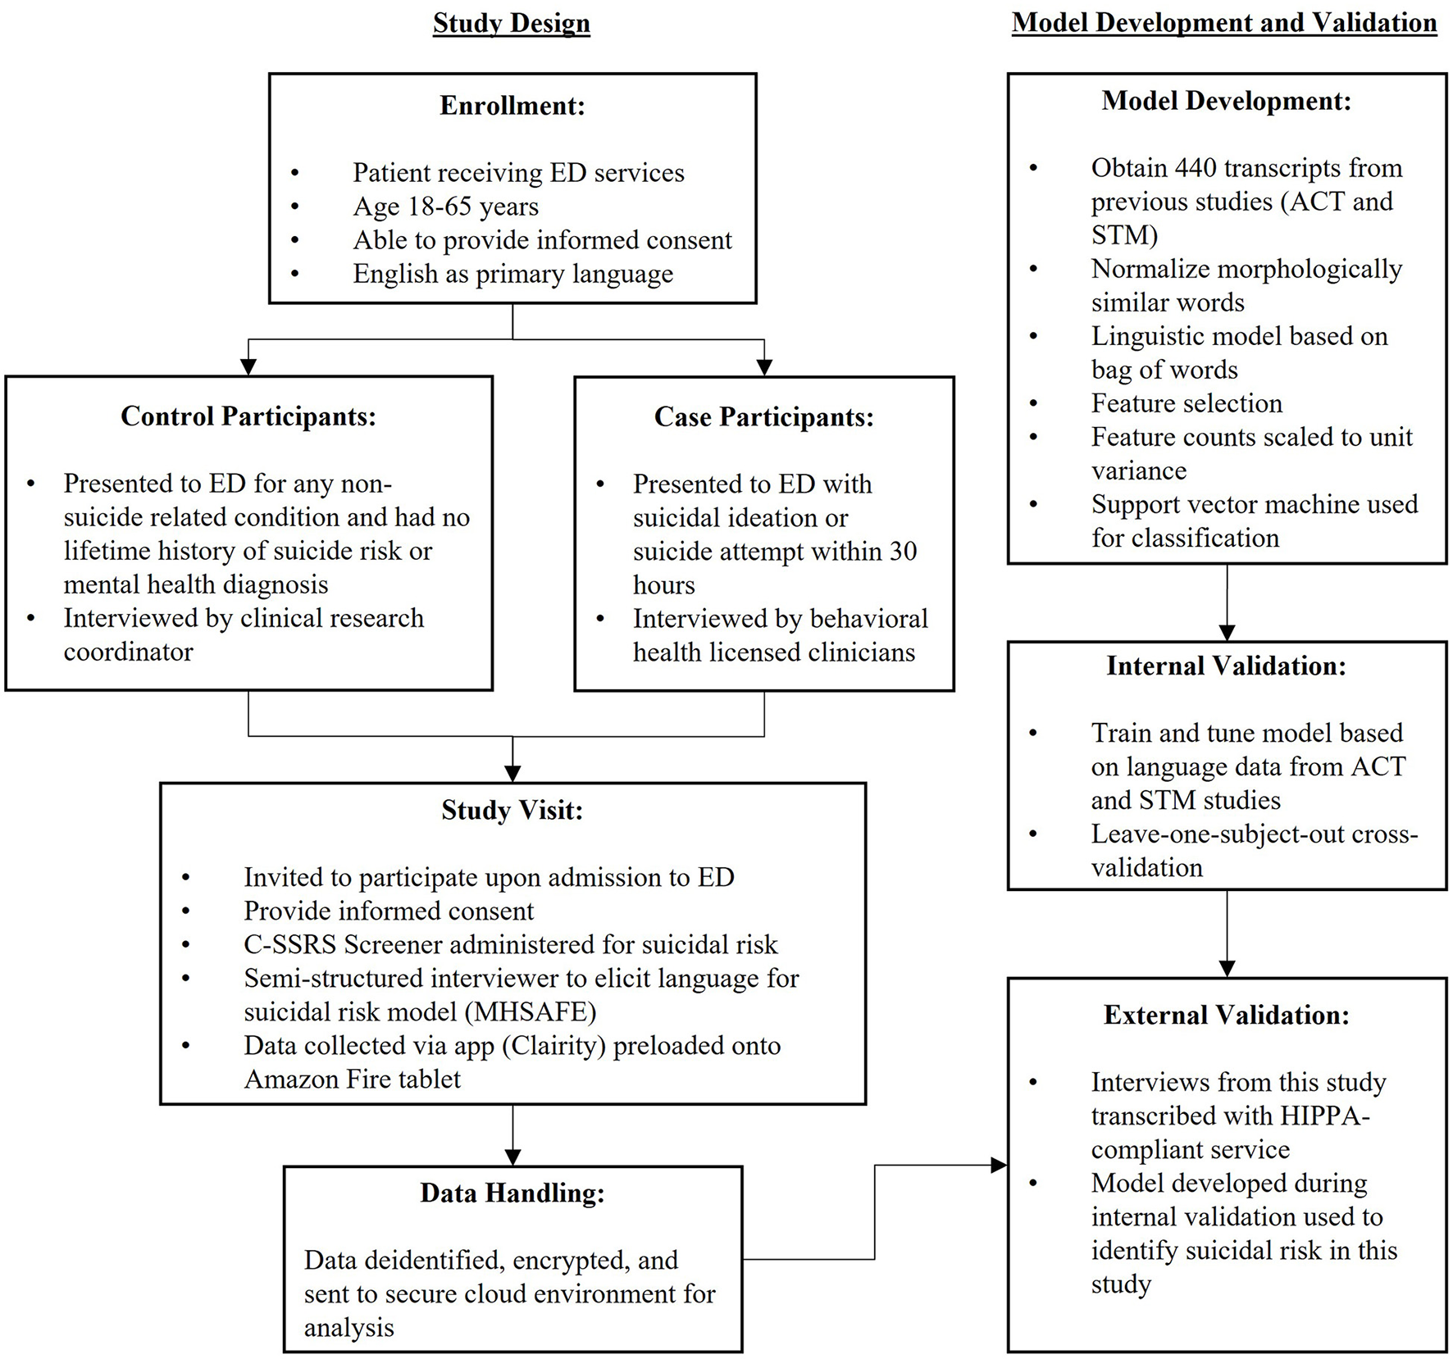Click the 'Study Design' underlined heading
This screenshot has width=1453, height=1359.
click(x=511, y=23)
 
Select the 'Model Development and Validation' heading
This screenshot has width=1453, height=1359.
click(x=1223, y=23)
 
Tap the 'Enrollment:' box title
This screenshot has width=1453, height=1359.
click(x=512, y=106)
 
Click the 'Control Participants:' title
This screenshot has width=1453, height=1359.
click(x=248, y=416)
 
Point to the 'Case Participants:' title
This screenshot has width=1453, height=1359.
click(x=763, y=417)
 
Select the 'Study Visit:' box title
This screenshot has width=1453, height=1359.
click(x=512, y=810)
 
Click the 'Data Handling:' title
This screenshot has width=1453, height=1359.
click(x=512, y=1193)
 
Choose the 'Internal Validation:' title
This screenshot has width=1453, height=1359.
click(x=1226, y=666)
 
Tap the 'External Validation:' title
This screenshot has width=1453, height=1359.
click(x=1226, y=1015)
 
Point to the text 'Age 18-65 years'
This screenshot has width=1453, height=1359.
click(x=445, y=207)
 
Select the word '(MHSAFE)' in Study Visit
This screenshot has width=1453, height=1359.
click(x=531, y=1011)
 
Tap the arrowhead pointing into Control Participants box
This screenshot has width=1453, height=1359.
click(x=248, y=367)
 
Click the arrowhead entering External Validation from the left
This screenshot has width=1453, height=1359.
click(x=999, y=1165)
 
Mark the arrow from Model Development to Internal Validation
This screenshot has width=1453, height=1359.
click(x=1227, y=602)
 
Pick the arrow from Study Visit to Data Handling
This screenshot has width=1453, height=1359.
click(x=512, y=1135)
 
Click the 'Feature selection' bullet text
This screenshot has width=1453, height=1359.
click(x=1186, y=403)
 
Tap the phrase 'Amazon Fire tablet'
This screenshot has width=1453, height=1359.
click(x=352, y=1079)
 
